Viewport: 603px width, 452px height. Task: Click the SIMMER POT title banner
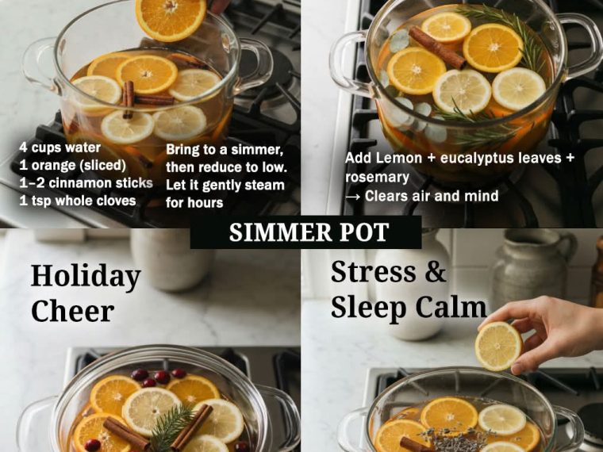pos(305,232)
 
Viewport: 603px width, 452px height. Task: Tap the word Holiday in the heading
pos(86,277)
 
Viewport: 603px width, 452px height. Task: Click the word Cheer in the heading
pos(72,311)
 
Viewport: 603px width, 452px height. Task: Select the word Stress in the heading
pos(373,272)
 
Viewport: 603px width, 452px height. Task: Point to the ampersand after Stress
pos(436,272)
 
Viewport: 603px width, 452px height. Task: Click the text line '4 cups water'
pos(60,147)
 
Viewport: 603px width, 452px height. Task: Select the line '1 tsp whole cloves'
pos(78,201)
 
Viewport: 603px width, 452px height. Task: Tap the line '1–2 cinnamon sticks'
pos(86,183)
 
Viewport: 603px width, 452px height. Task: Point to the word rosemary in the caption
pos(377,177)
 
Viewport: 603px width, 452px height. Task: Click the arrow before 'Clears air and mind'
pos(352,197)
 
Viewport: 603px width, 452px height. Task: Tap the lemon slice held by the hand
pos(498,347)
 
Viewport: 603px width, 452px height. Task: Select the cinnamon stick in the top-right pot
pos(437,48)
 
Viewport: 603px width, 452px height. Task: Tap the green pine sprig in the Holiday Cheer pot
pos(171,427)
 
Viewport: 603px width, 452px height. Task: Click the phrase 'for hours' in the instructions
pos(194,202)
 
